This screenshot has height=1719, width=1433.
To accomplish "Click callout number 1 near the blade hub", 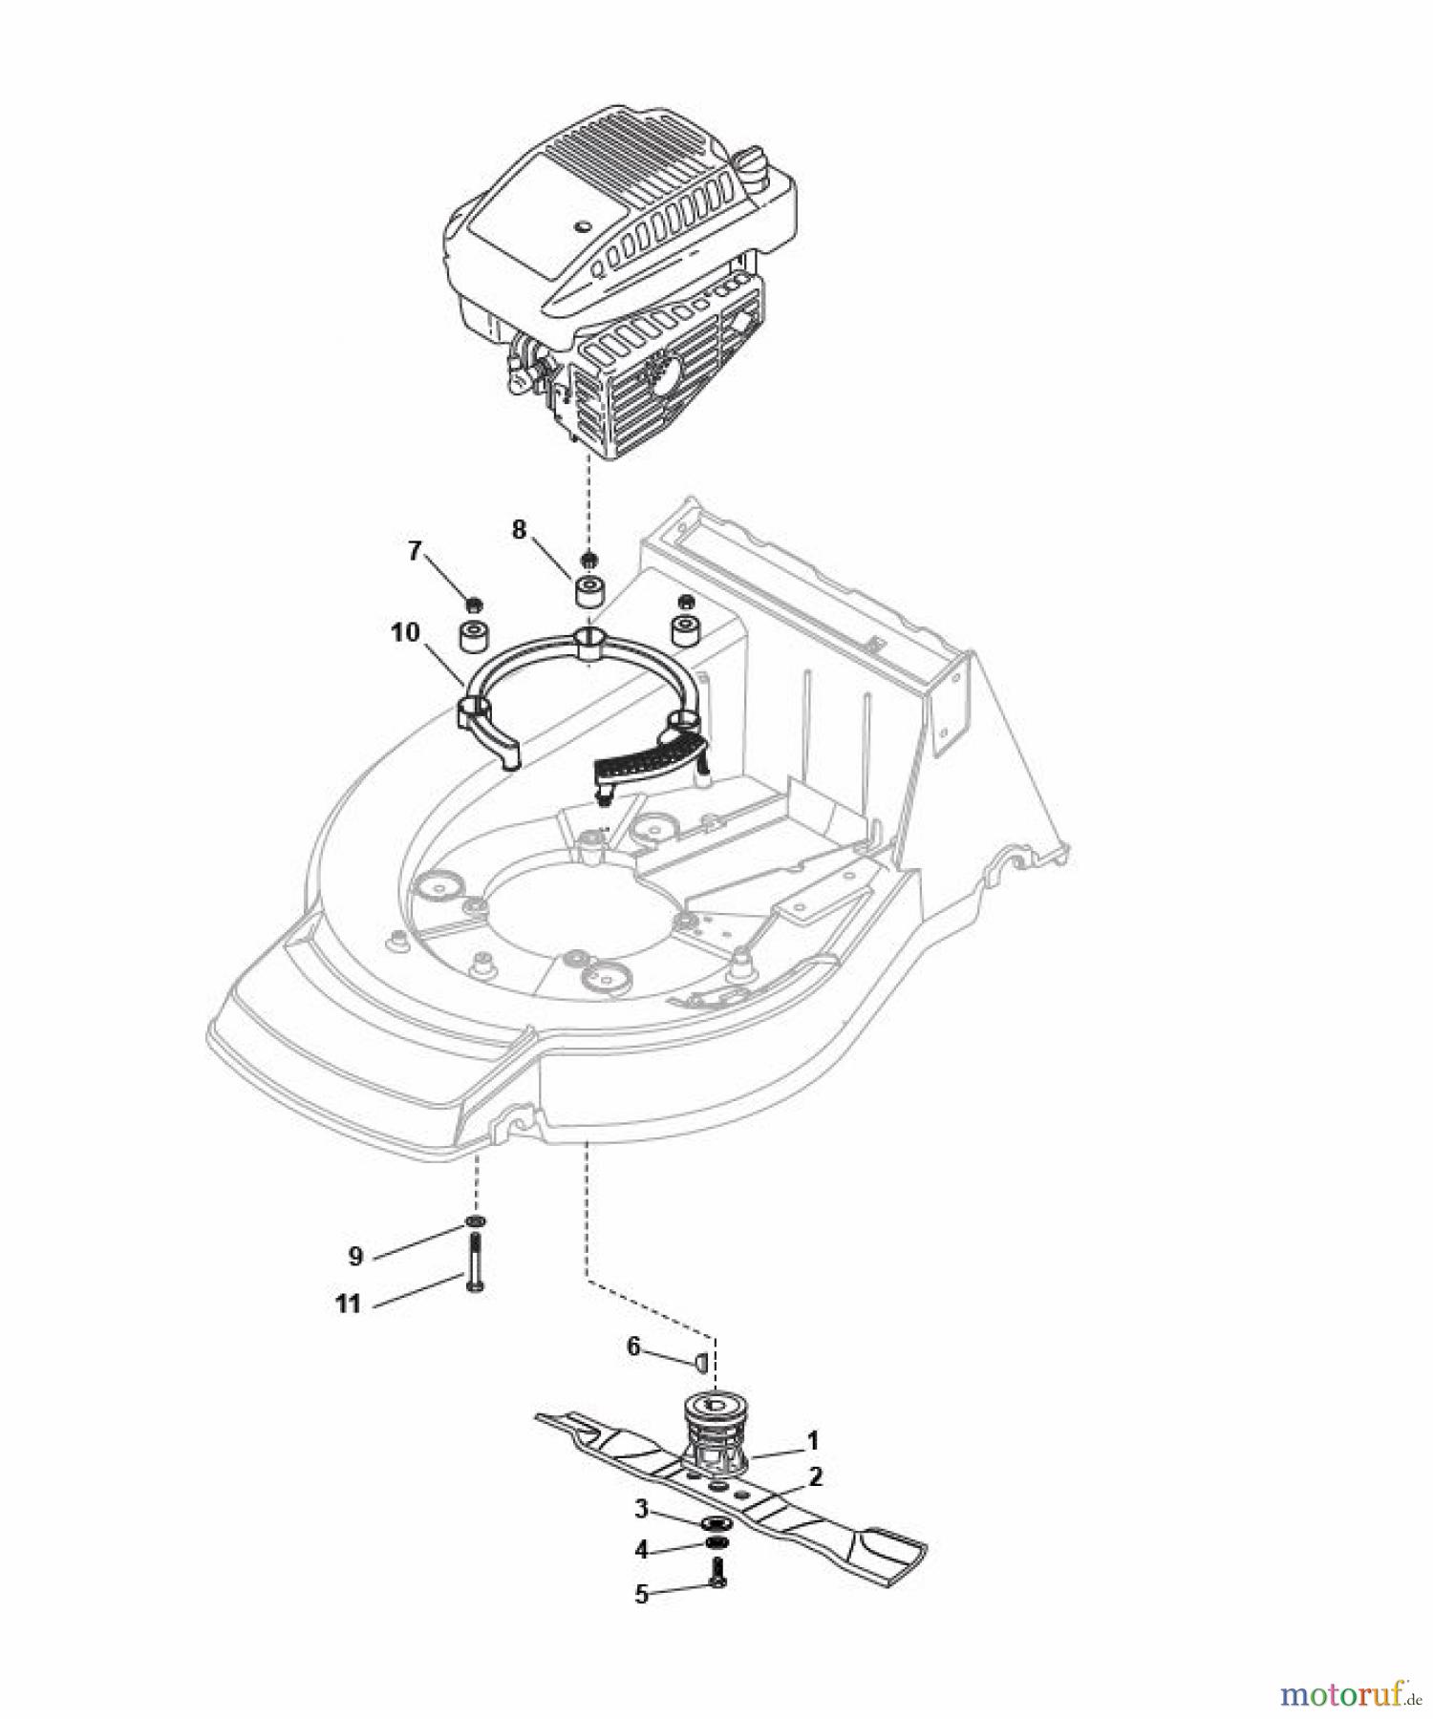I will [812, 1439].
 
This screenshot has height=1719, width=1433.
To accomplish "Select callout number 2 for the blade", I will [815, 1476].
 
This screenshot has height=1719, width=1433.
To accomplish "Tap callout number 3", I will [642, 1509].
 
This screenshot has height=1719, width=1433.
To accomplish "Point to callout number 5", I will [642, 1594].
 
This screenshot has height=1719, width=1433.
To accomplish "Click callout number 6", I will [632, 1347].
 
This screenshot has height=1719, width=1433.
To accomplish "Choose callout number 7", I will [414, 551].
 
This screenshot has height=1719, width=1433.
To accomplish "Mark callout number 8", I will [519, 530].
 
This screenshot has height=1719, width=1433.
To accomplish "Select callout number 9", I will [355, 1256].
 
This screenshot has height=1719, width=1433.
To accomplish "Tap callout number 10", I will [405, 632].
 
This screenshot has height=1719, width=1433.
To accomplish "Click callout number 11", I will [349, 1304].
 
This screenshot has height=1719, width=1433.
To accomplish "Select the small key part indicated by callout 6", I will [698, 1360].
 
